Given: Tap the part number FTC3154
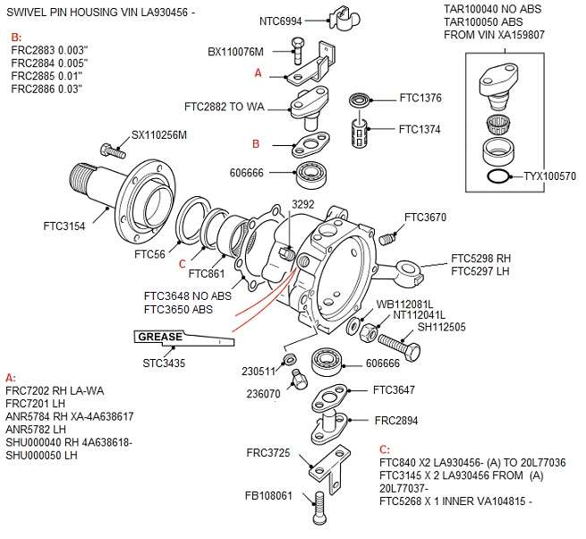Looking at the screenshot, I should point(64,227).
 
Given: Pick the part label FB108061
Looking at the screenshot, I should point(269,495).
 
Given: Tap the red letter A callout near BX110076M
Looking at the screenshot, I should point(258,72).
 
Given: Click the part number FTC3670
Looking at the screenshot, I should point(425,217).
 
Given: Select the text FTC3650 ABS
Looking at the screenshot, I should point(178,310).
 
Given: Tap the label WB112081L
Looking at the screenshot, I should point(404,304).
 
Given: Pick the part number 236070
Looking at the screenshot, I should point(264,392).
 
